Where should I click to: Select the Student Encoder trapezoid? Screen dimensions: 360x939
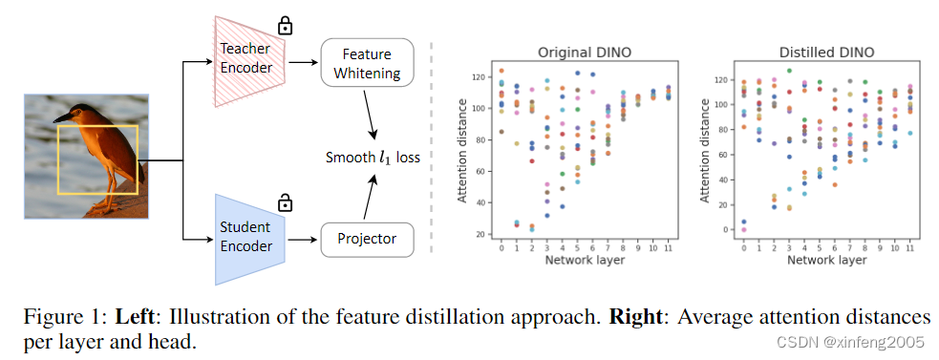point(246,238)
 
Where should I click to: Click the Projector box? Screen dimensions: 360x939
point(368,239)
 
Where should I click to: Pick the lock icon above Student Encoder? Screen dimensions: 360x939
point(285,202)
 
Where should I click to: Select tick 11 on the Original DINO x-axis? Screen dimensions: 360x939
point(667,247)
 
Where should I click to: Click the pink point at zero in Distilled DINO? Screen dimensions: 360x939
point(744,230)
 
